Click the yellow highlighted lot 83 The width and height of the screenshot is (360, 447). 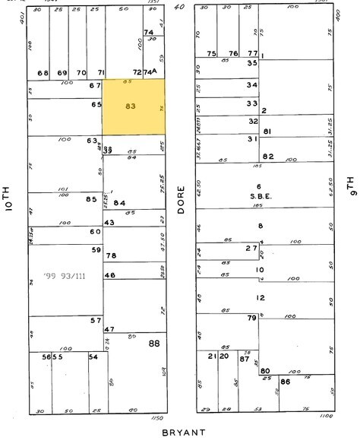[134, 107]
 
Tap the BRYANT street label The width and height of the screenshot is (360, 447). [184, 433]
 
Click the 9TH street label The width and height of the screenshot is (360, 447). [350, 186]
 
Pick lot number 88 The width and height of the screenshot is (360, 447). [154, 344]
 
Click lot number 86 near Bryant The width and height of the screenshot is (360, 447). [285, 382]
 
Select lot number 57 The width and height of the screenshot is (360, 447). [96, 321]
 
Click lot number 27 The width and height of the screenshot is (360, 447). [251, 248]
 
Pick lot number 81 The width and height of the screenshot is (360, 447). [267, 132]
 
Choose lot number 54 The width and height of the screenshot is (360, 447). [93, 357]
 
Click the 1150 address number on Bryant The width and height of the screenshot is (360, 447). [157, 419]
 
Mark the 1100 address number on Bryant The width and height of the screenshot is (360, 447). [327, 417]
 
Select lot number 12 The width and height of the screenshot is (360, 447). [261, 298]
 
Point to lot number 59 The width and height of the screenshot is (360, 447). [96, 249]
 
